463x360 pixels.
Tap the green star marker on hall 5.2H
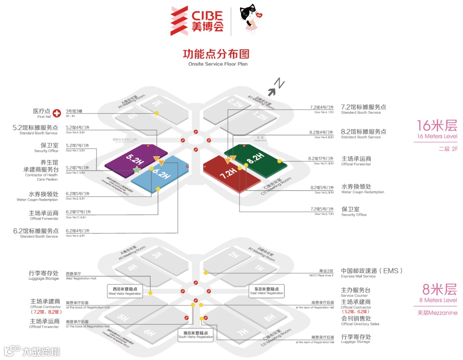[137, 170]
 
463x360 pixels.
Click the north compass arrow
[275, 88]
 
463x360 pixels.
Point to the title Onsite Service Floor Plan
[218, 64]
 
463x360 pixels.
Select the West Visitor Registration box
[125, 291]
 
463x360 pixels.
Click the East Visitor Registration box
[267, 291]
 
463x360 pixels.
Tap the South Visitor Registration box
[196, 335]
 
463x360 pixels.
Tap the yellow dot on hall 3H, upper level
[157, 113]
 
